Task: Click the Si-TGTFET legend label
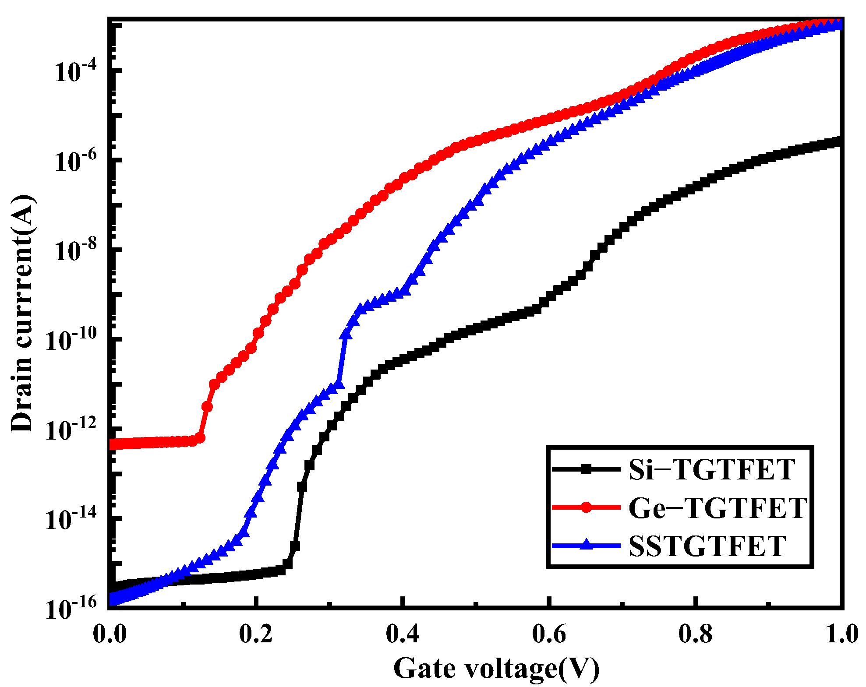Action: (711, 470)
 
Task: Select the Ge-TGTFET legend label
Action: (717, 508)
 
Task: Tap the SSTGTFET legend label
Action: (707, 546)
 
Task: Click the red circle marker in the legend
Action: (587, 507)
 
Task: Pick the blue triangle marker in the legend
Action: (587, 545)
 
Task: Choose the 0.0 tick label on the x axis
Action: (110, 634)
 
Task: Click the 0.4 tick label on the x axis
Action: (403, 634)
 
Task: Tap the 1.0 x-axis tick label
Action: (841, 634)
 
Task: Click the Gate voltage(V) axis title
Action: (496, 668)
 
